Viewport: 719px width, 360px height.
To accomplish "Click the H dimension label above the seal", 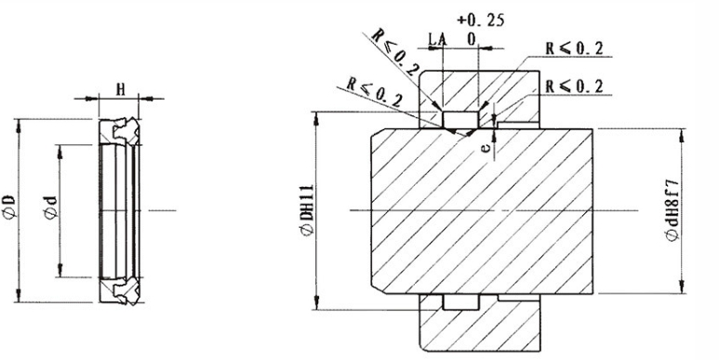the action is click(120, 89).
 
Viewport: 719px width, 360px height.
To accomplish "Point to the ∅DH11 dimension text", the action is click(307, 210).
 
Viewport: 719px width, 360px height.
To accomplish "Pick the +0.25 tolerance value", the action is click(481, 20).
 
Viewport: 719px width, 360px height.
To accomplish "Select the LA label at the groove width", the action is click(437, 40).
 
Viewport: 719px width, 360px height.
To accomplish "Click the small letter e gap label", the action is click(487, 147).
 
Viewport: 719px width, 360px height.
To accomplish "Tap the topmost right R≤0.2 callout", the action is click(574, 48).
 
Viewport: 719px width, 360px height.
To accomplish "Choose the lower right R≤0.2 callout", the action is click(574, 87).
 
